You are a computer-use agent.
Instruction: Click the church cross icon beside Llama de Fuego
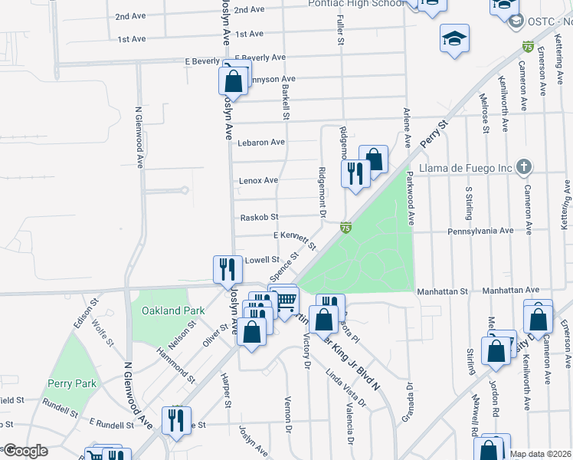tap(523, 166)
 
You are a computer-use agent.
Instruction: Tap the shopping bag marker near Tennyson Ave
tap(234, 81)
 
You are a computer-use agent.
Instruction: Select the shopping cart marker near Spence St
tap(285, 299)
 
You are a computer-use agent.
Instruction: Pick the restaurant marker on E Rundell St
tap(176, 420)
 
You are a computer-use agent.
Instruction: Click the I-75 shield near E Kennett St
tap(346, 227)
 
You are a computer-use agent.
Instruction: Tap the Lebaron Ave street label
tap(261, 143)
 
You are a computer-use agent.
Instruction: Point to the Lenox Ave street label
tap(258, 180)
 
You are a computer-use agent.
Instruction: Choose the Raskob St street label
tap(259, 218)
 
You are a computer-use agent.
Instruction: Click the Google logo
tap(25, 451)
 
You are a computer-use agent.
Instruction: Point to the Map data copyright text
tap(540, 454)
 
